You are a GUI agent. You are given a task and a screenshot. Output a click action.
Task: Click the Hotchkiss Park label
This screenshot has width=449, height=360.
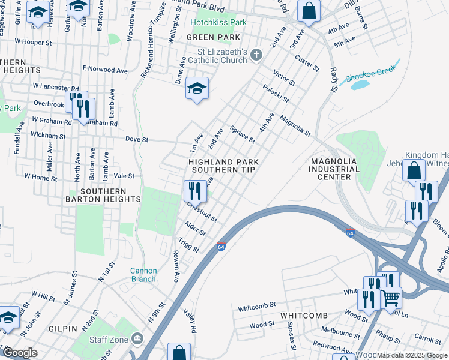219,22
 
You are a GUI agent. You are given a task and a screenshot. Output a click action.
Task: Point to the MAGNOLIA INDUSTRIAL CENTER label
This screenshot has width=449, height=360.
334,169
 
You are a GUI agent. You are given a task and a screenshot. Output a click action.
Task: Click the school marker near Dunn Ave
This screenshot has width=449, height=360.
197,89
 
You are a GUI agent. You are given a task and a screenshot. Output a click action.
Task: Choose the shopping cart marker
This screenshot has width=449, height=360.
391,296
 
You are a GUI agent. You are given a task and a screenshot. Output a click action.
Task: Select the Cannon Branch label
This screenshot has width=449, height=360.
143,275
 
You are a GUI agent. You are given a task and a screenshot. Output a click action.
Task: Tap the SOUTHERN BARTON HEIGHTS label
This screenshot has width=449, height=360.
102,195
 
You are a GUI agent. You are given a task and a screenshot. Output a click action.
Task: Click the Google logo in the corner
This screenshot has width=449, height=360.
20,353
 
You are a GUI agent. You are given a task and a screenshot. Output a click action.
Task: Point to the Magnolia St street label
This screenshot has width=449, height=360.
295,126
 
